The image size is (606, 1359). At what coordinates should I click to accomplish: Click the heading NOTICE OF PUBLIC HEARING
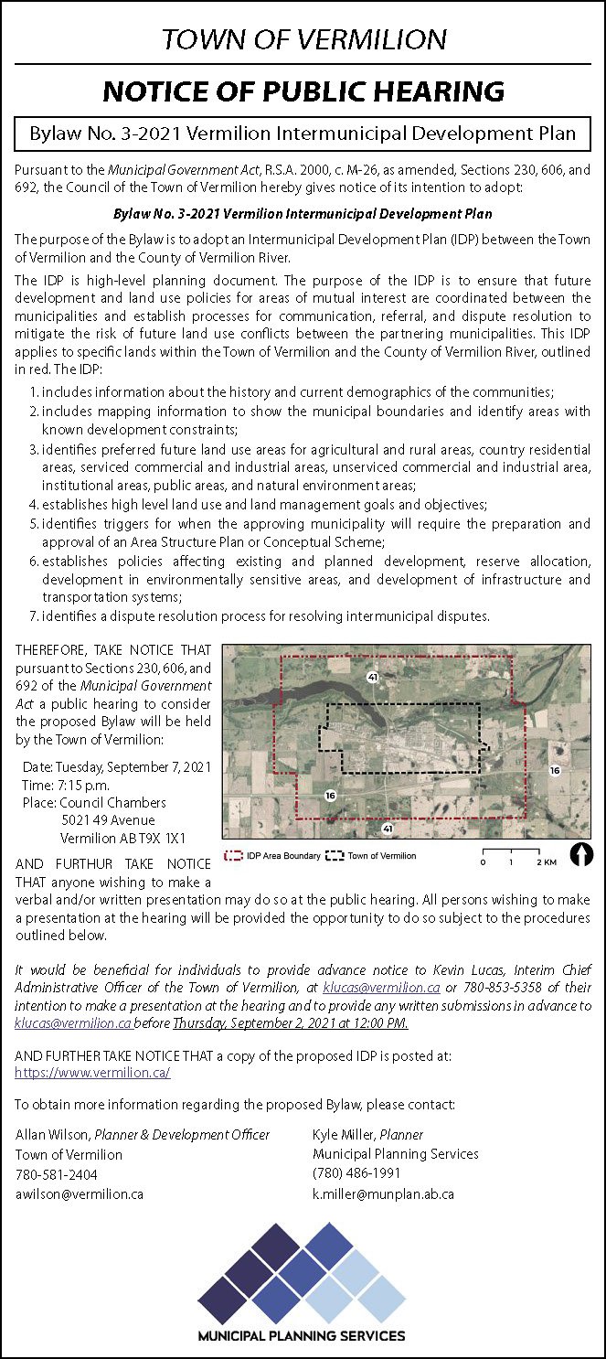click(x=303, y=91)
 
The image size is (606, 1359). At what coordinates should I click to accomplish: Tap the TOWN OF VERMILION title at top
click(x=303, y=39)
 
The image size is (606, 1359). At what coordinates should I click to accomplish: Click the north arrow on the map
click(x=580, y=854)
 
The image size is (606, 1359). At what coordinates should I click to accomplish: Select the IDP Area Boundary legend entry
click(x=274, y=856)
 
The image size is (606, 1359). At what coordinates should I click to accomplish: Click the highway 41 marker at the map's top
click(x=372, y=677)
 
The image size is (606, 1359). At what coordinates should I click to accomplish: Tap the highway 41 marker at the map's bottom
click(x=388, y=828)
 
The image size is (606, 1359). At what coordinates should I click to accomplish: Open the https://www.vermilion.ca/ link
click(x=92, y=1073)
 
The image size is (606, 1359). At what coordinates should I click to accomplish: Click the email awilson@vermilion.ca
click(x=79, y=1193)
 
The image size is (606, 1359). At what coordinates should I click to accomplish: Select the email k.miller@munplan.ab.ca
click(x=383, y=1193)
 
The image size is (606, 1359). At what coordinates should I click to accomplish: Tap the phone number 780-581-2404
click(x=56, y=1174)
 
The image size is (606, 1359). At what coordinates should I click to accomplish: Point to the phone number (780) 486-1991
click(x=356, y=1173)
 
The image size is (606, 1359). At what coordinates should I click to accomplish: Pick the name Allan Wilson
click(x=52, y=1134)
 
